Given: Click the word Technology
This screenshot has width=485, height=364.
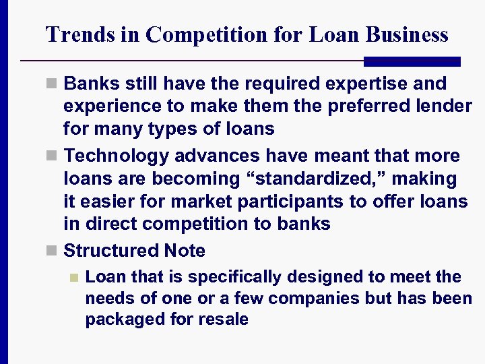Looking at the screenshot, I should (x=117, y=156).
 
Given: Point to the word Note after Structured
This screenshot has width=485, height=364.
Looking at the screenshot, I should (x=185, y=251).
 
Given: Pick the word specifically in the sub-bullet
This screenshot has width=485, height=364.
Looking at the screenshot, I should (x=243, y=277).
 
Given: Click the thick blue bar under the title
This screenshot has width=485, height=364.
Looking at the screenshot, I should (x=412, y=61).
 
